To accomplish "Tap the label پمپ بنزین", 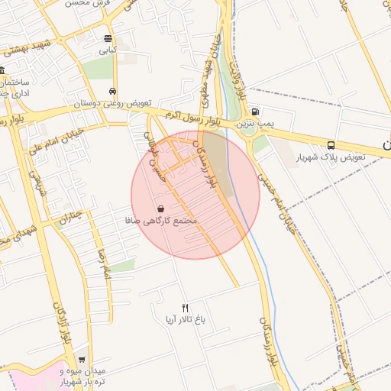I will click(x=254, y=123).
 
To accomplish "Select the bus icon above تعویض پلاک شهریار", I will click(x=331, y=145).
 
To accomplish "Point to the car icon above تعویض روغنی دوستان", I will click(x=114, y=91).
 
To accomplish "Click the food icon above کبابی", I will click(x=108, y=39).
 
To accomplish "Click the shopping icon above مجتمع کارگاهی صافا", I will click(x=160, y=208).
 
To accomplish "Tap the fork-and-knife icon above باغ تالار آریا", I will click(x=185, y=307).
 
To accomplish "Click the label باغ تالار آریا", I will click(x=185, y=318).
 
